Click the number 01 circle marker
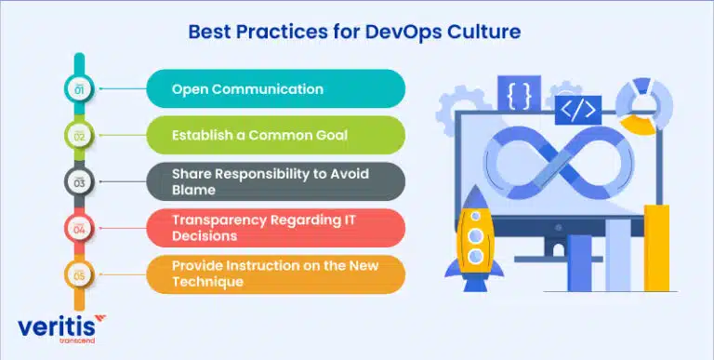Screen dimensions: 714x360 click(79, 89)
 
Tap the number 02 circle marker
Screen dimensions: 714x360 click(79, 135)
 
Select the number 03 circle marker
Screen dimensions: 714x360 click(79, 181)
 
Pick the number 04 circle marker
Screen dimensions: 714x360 click(79, 228)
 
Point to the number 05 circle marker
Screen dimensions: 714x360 click(79, 274)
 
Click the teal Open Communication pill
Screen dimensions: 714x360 click(275, 89)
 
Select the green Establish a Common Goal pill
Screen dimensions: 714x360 click(275, 135)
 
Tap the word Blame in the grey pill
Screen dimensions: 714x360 click(193, 190)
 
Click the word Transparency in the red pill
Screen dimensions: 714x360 click(219, 220)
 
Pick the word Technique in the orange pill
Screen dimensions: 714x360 click(207, 282)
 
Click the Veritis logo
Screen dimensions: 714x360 click(61, 328)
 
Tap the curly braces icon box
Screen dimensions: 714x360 click(519, 94)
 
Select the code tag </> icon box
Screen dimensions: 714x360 click(578, 111)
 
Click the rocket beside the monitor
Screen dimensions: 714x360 click(474, 238)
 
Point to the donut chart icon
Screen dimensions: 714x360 click(644, 106)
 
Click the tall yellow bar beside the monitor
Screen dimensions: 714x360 click(656, 247)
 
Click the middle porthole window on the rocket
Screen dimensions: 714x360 click(475, 235)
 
